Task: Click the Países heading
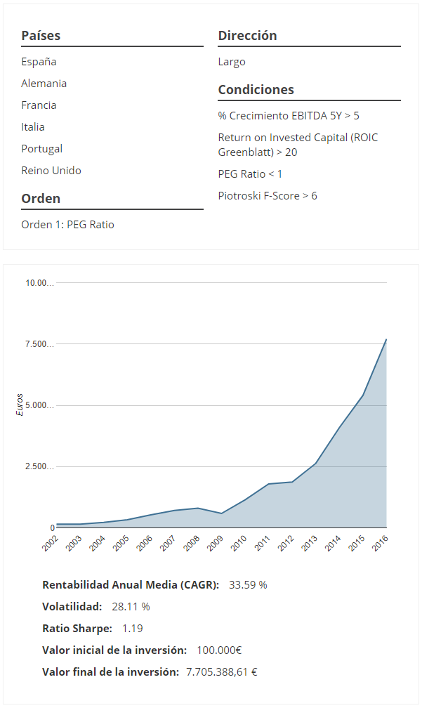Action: pyautogui.click(x=41, y=36)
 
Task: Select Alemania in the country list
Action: pyautogui.click(x=44, y=84)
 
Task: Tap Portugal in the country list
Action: pyautogui.click(x=41, y=149)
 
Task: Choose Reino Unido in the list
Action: pyautogui.click(x=51, y=171)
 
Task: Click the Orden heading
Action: pyautogui.click(x=41, y=199)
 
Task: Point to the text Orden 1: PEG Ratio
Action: pyautogui.click(x=67, y=225)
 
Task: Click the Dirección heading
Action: pyautogui.click(x=247, y=36)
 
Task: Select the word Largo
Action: pyautogui.click(x=232, y=62)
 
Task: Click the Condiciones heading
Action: pyautogui.click(x=256, y=90)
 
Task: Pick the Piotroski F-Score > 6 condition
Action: pyautogui.click(x=267, y=196)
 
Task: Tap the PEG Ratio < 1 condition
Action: pyautogui.click(x=250, y=173)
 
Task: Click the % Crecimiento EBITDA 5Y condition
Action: pyautogui.click(x=289, y=116)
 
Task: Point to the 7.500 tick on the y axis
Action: pyautogui.click(x=39, y=344)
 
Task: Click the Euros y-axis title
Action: pyautogui.click(x=20, y=405)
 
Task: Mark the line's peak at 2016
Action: pyautogui.click(x=386, y=339)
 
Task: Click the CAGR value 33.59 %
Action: pyautogui.click(x=248, y=584)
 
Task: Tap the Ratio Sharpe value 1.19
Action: pyautogui.click(x=132, y=628)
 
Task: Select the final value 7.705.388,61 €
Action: pyautogui.click(x=221, y=671)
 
